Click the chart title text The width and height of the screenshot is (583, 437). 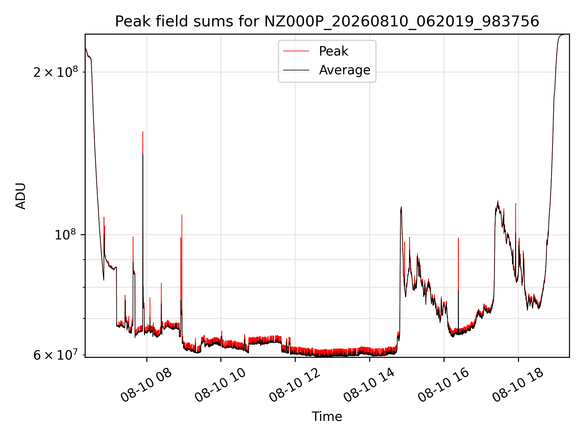(x=327, y=22)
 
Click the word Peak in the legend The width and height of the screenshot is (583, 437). (x=333, y=51)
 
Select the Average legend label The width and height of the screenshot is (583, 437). (x=345, y=70)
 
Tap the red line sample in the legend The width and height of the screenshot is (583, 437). (x=296, y=51)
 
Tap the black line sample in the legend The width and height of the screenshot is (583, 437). (x=296, y=70)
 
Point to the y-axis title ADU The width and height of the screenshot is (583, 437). (x=21, y=196)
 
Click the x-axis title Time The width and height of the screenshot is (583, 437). (x=327, y=417)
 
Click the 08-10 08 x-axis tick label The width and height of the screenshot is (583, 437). (x=146, y=385)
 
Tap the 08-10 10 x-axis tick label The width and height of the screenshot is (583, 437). (x=220, y=385)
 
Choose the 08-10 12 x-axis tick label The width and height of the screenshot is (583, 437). (x=295, y=385)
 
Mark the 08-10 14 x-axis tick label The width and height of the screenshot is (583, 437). (x=369, y=385)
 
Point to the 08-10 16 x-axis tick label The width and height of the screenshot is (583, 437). (x=444, y=385)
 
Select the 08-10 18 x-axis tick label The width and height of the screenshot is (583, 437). (x=518, y=385)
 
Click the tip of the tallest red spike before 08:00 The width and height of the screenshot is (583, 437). (x=143, y=131)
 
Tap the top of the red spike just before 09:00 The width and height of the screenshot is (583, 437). (x=182, y=215)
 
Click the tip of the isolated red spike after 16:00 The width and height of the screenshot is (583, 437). (x=458, y=238)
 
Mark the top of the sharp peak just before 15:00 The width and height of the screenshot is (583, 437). (x=401, y=207)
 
